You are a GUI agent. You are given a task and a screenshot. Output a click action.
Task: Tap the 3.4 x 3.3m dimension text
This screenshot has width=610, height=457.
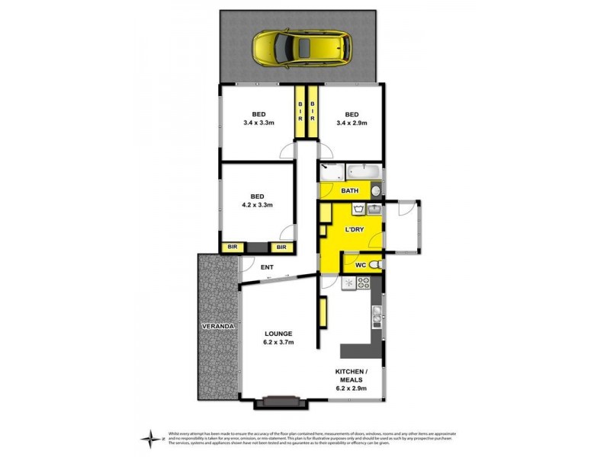coord(260,123)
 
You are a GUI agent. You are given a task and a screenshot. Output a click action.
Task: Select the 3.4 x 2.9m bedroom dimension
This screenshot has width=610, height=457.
coord(352,123)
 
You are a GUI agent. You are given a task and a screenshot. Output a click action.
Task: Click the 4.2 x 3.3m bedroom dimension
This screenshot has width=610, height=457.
coord(258,205)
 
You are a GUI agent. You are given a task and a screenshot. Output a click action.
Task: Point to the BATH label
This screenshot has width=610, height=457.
coord(350,191)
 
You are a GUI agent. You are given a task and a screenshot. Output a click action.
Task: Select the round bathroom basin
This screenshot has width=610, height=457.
coord(375,191)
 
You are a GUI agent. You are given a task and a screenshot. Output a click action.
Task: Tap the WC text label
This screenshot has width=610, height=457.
coord(361,264)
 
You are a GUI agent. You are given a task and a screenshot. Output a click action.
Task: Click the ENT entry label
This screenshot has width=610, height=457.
coord(267,267)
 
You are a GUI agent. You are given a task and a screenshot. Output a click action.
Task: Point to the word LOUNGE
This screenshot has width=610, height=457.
coord(278,334)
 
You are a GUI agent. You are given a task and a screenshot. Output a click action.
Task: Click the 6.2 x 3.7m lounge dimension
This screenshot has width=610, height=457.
coord(278,344)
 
